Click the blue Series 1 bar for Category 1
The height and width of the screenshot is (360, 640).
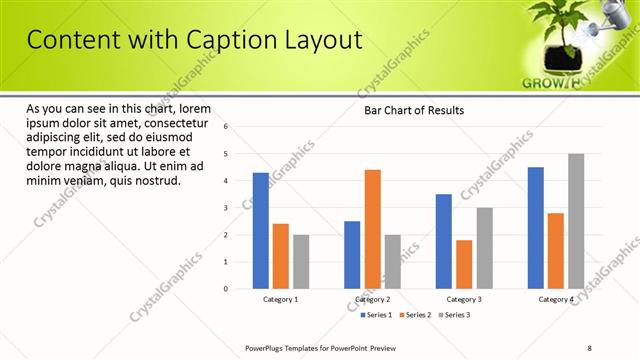261,231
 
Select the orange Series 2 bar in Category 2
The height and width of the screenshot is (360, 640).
372,229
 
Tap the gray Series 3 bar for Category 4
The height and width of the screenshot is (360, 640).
576,221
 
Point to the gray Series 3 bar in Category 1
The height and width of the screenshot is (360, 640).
301,262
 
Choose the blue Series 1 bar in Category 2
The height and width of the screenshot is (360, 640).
352,255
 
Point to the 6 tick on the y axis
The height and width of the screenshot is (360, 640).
226,127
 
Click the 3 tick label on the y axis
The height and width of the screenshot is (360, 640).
226,208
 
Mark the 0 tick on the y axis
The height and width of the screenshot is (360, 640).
226,289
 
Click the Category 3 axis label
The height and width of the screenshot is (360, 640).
464,300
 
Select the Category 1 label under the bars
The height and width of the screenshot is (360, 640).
281,300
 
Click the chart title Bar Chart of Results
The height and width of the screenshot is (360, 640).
413,110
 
